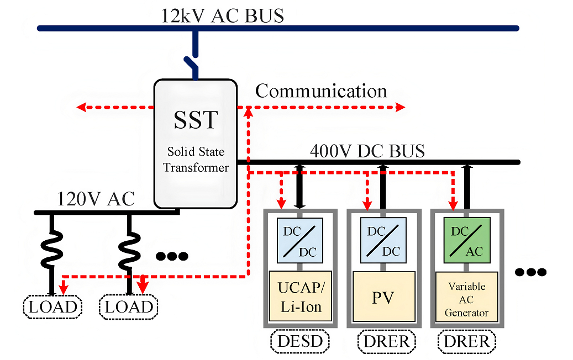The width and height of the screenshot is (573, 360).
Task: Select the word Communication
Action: [321, 91]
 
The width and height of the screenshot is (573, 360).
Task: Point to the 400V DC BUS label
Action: [367, 151]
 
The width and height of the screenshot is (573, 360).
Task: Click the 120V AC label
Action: [97, 198]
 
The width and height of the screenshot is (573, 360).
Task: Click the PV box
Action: [382, 297]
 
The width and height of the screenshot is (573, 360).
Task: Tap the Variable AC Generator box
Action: [466, 299]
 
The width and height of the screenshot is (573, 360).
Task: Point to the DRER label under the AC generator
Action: [467, 342]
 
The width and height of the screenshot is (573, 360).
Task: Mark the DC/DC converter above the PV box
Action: [382, 239]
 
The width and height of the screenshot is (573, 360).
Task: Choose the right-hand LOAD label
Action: [128, 306]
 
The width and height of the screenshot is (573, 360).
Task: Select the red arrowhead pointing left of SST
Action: [81, 107]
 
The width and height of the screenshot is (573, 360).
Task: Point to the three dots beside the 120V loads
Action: [172, 256]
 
